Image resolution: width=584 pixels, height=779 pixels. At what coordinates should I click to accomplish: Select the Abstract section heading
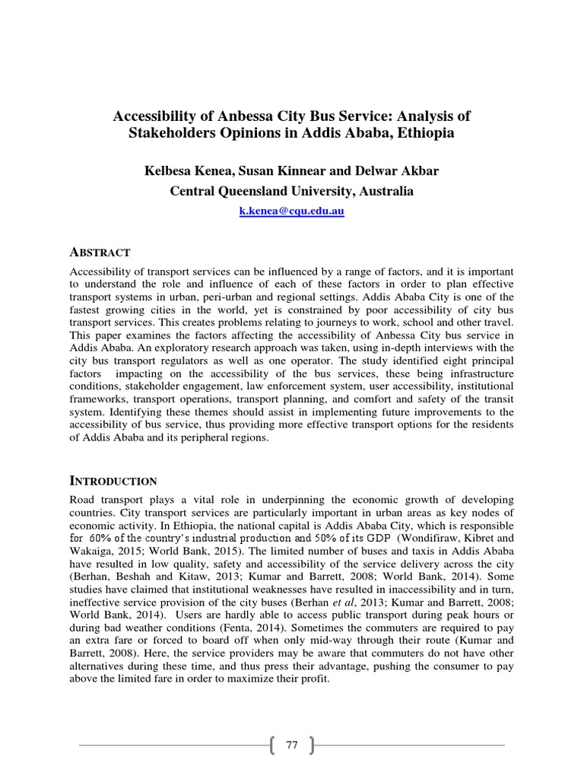click(100, 253)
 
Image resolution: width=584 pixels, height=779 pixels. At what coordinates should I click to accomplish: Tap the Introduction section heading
click(113, 481)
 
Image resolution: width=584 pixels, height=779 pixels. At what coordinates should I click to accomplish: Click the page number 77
click(292, 745)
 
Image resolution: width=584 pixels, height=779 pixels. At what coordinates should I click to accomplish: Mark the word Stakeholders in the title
click(167, 133)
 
